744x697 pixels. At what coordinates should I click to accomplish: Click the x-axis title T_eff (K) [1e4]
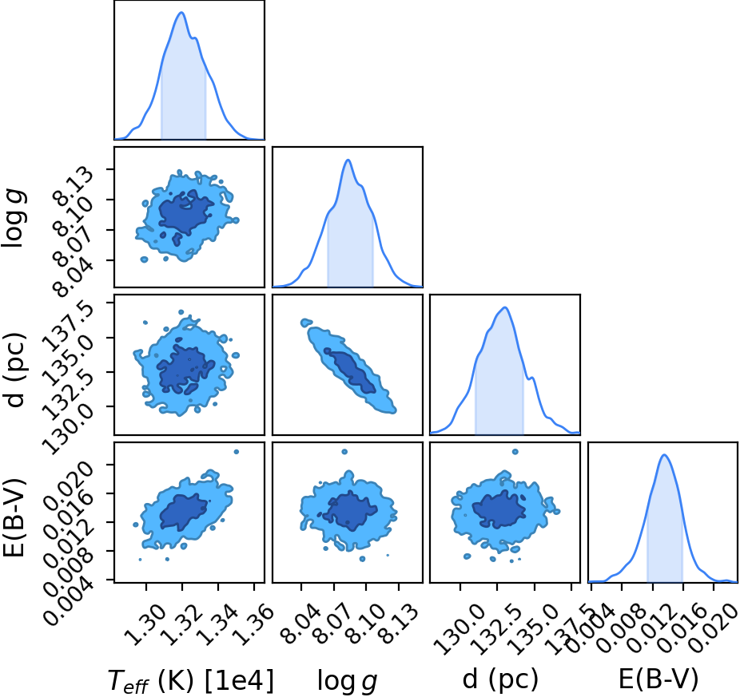tap(191, 681)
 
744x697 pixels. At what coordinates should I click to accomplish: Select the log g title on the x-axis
tap(348, 681)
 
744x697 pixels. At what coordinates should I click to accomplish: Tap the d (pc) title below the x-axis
tap(500, 680)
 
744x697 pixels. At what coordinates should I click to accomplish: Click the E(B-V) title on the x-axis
tap(658, 679)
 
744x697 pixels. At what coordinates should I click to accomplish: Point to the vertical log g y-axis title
tap(14, 217)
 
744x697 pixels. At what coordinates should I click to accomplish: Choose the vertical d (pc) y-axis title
tap(14, 370)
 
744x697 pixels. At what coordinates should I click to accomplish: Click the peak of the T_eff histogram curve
tap(181, 12)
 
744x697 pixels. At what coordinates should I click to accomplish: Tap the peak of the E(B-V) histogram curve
tap(664, 455)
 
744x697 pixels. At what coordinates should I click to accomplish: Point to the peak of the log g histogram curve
tap(348, 160)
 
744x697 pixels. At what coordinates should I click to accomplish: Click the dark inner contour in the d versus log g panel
tap(350, 370)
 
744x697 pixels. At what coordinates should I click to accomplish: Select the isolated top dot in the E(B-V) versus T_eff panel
tap(237, 452)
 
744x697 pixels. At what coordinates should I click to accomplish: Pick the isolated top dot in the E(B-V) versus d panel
tap(515, 452)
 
